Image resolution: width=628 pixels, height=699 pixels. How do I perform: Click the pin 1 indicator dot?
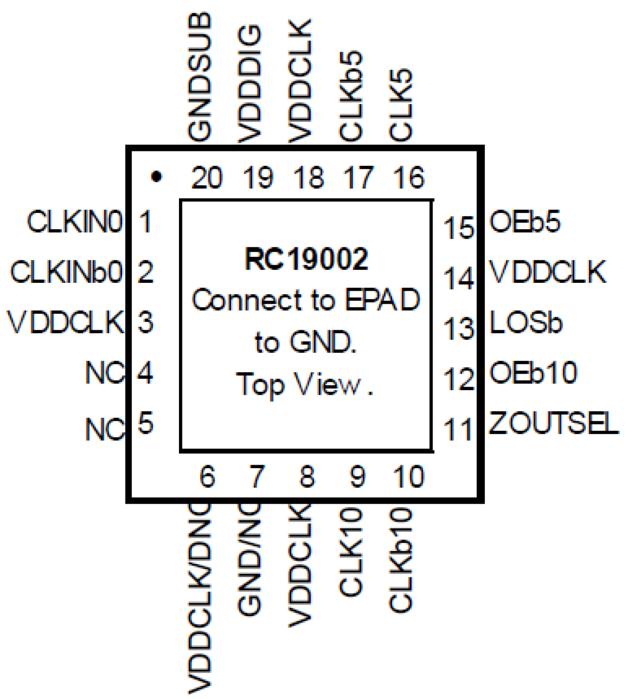pyautogui.click(x=156, y=176)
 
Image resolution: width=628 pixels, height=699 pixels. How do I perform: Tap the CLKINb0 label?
pyautogui.click(x=66, y=272)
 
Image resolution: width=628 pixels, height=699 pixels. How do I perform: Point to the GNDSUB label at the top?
pyautogui.click(x=200, y=77)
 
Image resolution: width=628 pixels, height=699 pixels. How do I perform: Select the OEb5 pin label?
pyautogui.click(x=525, y=222)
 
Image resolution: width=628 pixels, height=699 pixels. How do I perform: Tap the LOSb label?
pyautogui.click(x=526, y=323)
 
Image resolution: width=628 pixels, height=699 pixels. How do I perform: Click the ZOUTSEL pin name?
pyautogui.click(x=553, y=424)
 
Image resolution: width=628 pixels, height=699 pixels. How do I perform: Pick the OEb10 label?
pyautogui.click(x=533, y=373)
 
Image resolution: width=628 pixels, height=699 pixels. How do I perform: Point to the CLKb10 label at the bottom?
pyautogui.click(x=401, y=560)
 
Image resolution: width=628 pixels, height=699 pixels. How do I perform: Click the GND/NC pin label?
pyautogui.click(x=250, y=560)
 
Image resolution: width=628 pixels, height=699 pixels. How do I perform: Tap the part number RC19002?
pyautogui.click(x=306, y=259)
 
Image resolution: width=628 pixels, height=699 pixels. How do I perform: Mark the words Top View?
pyautogui.click(x=305, y=385)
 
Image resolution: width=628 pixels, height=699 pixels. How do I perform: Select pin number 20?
pyautogui.click(x=206, y=178)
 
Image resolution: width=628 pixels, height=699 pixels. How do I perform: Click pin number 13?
pyautogui.click(x=458, y=329)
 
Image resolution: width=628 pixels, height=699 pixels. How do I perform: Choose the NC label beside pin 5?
pyautogui.click(x=104, y=429)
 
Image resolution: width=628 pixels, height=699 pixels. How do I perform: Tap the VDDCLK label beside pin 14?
pyautogui.click(x=547, y=272)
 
